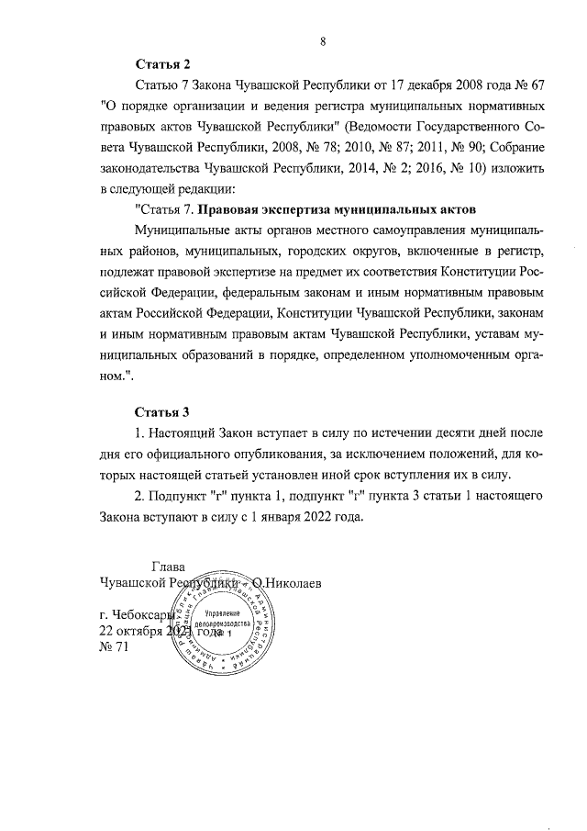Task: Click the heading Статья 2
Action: tap(163, 64)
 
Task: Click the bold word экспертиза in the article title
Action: tap(310, 208)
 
